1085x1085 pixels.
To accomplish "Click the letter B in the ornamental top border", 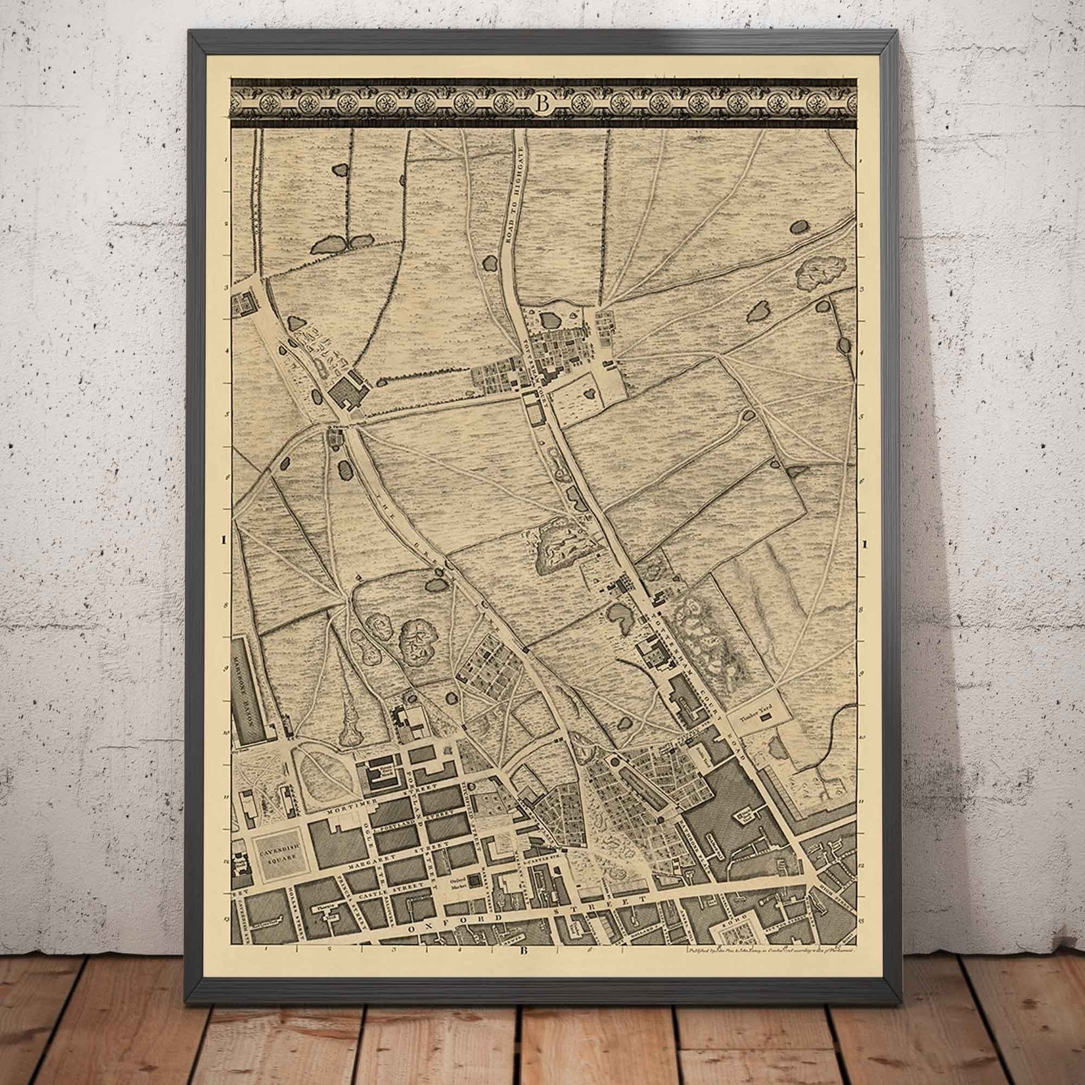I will click(x=542, y=104).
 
